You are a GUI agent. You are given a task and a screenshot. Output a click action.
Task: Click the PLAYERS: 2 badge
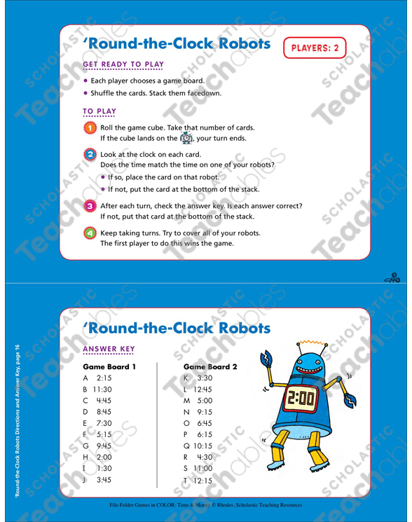tap(315, 48)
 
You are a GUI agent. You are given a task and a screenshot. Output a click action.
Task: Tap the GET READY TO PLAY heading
tap(123, 64)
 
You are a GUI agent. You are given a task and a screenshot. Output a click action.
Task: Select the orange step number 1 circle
tap(90, 128)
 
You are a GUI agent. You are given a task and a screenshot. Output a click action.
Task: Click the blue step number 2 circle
tap(90, 155)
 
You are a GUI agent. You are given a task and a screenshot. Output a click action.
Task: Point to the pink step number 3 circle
tap(90, 206)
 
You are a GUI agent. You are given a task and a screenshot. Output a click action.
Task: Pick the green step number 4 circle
tap(90, 233)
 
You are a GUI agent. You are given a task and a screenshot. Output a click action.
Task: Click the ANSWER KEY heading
tap(109, 350)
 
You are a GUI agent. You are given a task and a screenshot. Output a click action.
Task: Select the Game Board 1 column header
tap(109, 366)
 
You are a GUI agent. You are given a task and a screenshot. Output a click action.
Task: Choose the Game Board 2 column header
tap(210, 366)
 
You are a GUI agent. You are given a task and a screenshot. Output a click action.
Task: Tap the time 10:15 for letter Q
tap(202, 445)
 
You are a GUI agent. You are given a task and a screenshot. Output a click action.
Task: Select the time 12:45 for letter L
tap(202, 389)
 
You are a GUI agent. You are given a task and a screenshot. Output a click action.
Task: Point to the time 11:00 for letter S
tap(202, 467)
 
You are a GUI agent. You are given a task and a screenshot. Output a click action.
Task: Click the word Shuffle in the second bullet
tap(104, 92)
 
